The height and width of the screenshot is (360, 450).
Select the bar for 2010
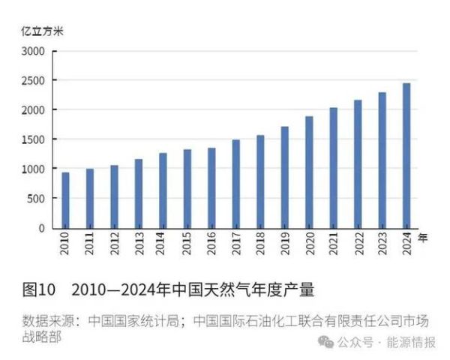click(66, 200)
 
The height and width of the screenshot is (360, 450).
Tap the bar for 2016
click(211, 188)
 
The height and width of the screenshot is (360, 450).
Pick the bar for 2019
click(284, 177)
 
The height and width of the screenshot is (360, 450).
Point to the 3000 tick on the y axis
click(34, 52)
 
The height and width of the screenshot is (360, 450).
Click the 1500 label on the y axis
click(34, 140)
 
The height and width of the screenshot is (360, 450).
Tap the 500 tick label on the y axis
click(37, 199)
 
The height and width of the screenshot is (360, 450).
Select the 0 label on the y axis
click(43, 228)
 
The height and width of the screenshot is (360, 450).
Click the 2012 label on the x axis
click(114, 244)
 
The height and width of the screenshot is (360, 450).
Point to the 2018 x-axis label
click(260, 244)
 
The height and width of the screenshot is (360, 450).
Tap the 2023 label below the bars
click(382, 244)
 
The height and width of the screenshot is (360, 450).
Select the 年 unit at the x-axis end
click(422, 238)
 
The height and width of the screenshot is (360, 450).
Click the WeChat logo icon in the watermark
click(324, 342)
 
